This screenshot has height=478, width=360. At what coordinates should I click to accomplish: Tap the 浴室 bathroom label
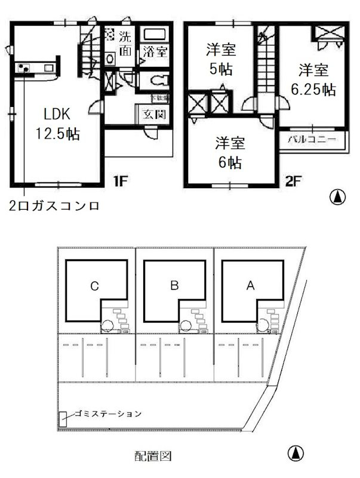tap(154, 53)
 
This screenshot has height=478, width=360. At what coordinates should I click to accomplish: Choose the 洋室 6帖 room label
tap(229, 152)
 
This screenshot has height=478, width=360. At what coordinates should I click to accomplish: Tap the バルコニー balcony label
tap(312, 139)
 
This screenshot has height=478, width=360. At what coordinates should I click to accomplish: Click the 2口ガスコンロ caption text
tap(54, 206)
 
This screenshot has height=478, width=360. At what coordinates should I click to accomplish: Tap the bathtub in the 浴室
tap(154, 34)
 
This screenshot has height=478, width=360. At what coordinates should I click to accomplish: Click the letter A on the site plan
tap(251, 286)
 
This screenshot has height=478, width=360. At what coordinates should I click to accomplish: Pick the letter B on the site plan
tap(174, 286)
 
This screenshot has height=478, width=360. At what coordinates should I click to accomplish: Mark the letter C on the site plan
tap(94, 286)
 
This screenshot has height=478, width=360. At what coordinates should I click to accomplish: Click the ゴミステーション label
tap(108, 413)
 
